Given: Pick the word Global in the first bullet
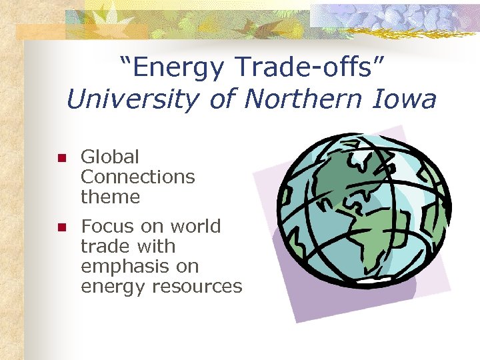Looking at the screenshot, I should pos(110,157).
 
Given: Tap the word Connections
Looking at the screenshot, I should pos(137,177).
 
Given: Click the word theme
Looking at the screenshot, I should pos(110,197).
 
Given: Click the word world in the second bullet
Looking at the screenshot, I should pos(193,227).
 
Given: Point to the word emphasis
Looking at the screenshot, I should pos(123,267).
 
